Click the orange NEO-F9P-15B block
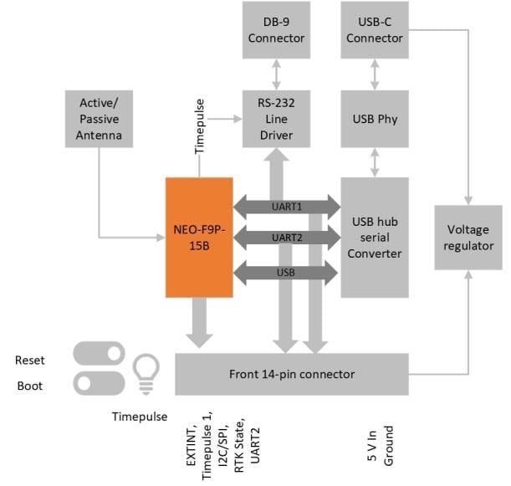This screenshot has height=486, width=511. pyautogui.click(x=199, y=237)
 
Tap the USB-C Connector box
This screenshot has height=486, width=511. pyautogui.click(x=375, y=31)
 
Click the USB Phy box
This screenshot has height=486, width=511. pyautogui.click(x=375, y=119)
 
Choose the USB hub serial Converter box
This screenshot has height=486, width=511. pyautogui.click(x=375, y=237)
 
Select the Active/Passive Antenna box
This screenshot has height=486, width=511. pyautogui.click(x=100, y=119)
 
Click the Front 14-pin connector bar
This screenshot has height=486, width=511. pyautogui.click(x=292, y=374)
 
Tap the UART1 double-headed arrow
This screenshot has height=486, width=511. pyautogui.click(x=287, y=205)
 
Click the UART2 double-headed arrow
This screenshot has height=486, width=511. pyautogui.click(x=287, y=238)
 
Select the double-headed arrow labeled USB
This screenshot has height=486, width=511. pyautogui.click(x=287, y=274)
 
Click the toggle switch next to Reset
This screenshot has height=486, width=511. pyautogui.click(x=99, y=355)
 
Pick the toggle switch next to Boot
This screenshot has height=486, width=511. pyautogui.click(x=99, y=384)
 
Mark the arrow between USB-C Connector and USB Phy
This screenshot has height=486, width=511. pyautogui.click(x=375, y=74)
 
